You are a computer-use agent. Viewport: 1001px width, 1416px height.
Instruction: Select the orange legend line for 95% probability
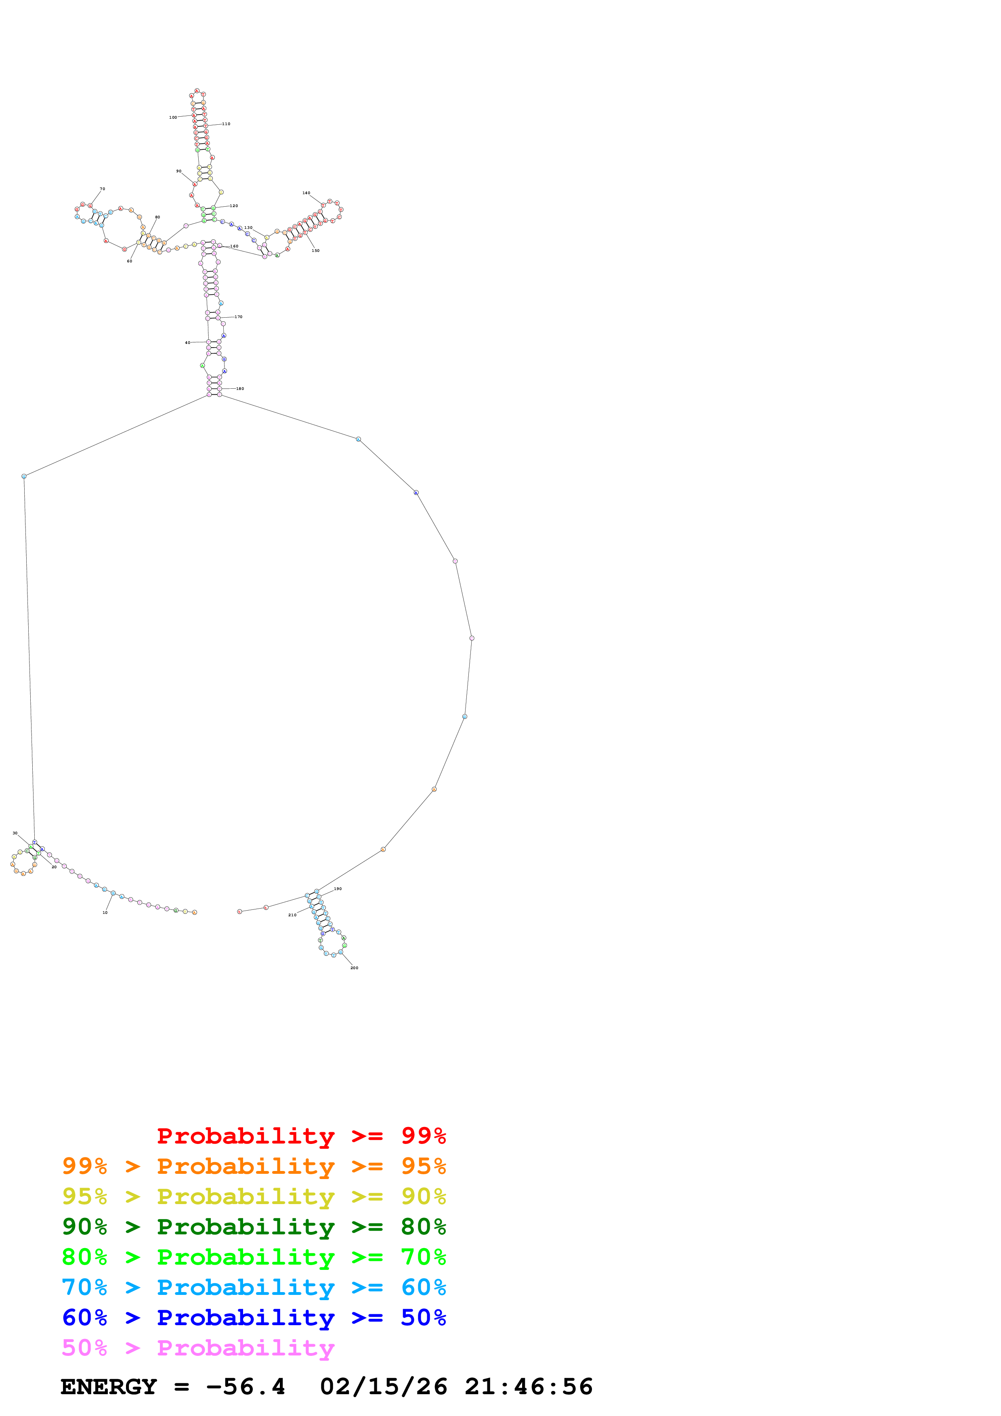click(254, 1166)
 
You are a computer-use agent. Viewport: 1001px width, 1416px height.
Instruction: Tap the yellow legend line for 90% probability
click(254, 1196)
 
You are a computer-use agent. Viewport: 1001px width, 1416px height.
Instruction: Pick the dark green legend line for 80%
click(254, 1227)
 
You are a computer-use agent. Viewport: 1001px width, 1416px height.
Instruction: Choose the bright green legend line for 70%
click(254, 1257)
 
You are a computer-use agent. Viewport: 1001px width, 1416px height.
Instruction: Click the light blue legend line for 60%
click(254, 1287)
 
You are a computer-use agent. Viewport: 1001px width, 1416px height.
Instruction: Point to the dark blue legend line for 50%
click(254, 1318)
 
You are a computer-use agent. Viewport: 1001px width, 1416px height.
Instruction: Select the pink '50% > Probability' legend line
click(197, 1347)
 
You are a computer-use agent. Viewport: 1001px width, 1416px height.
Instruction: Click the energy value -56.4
click(246, 1387)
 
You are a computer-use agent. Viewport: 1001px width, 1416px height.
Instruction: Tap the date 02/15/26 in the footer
click(384, 1387)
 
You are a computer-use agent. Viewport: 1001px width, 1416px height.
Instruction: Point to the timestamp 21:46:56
click(529, 1387)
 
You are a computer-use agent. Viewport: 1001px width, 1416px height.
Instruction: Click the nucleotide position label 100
click(173, 117)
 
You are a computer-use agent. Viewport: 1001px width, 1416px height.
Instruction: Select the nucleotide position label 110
click(227, 124)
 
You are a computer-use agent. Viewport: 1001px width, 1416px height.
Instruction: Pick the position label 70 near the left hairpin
click(103, 189)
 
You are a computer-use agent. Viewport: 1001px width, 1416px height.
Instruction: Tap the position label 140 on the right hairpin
click(306, 193)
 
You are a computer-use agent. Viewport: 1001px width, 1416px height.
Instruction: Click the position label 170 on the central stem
click(239, 317)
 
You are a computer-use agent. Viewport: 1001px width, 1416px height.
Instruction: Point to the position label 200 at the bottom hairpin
click(354, 968)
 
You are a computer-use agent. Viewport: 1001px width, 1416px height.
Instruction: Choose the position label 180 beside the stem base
click(240, 389)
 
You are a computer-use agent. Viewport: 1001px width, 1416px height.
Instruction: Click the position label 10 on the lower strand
click(105, 912)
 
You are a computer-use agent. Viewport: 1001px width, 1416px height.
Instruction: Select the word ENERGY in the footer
click(109, 1387)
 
